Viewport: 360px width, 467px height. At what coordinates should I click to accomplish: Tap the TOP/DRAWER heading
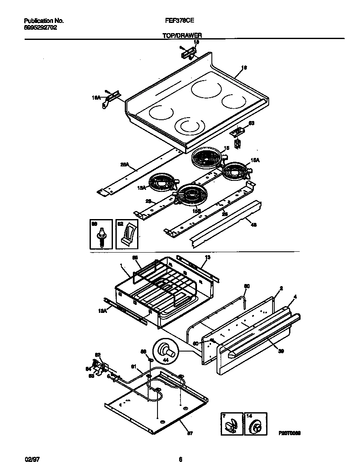coord(182,37)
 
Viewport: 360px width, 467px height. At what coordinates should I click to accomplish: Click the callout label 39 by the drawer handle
coord(281,351)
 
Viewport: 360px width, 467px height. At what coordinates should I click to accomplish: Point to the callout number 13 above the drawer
coord(208,257)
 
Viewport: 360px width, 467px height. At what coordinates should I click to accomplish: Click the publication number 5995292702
coord(41,27)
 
